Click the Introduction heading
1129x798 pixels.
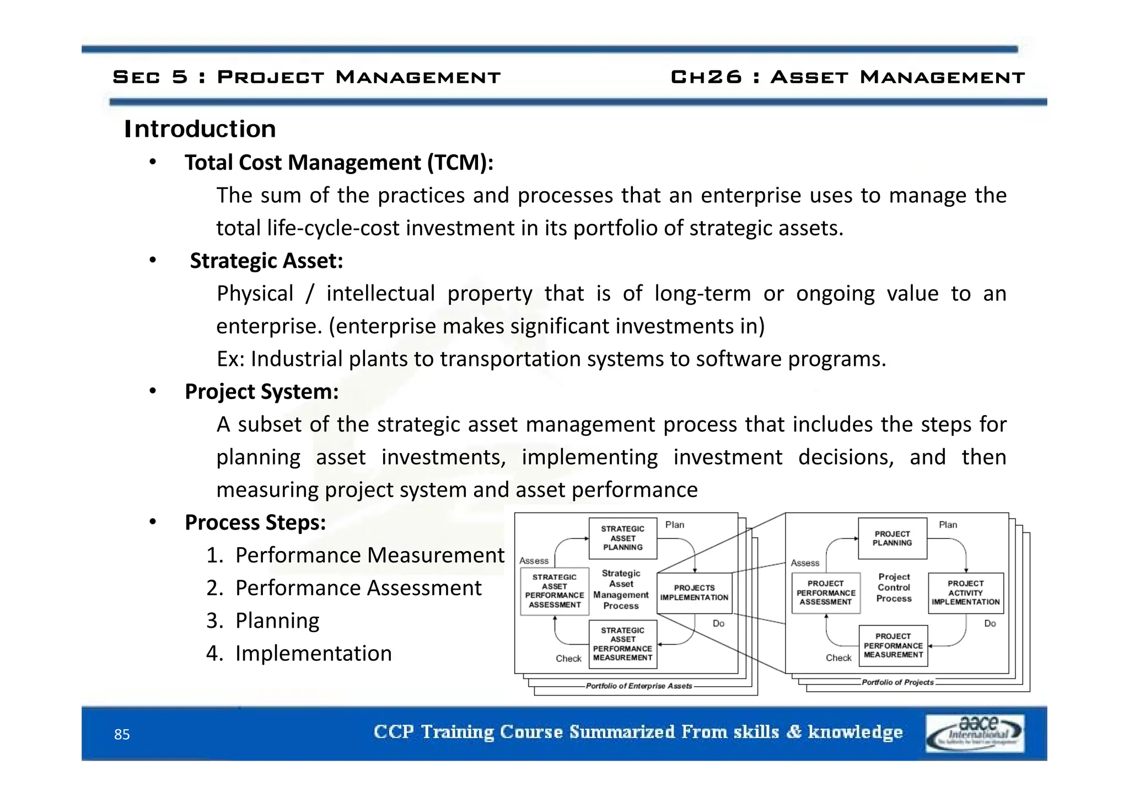[x=200, y=129]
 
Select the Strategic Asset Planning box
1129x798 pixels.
[x=622, y=538]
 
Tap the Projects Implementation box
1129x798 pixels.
[x=694, y=593]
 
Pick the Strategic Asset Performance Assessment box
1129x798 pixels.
[x=554, y=591]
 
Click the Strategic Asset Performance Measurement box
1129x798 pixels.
[x=622, y=644]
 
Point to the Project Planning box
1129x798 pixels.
[x=892, y=538]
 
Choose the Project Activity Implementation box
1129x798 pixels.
[x=965, y=593]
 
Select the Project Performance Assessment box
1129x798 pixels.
[x=825, y=593]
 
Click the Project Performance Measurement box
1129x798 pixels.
[x=893, y=645]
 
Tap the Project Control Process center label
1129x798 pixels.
[x=894, y=587]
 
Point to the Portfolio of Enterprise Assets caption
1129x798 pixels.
[x=638, y=686]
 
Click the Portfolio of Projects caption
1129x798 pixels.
[x=897, y=682]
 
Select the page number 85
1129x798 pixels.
[x=122, y=735]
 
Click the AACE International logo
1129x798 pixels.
[x=975, y=733]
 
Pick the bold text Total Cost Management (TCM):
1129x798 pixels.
[x=338, y=163]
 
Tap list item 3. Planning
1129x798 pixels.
[x=263, y=621]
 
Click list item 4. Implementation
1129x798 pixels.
[x=299, y=654]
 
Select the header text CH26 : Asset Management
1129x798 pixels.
[x=847, y=77]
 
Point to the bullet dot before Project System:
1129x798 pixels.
[x=153, y=391]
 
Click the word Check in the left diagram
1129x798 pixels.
[x=568, y=659]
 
